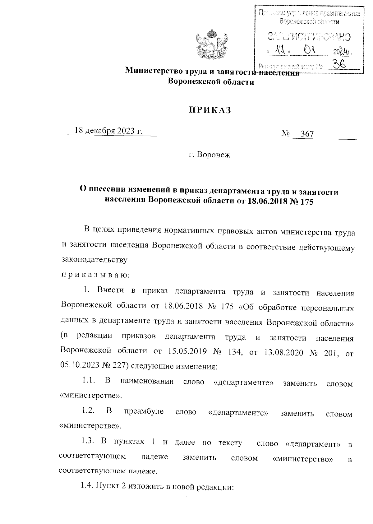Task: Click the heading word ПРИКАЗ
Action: click(211, 110)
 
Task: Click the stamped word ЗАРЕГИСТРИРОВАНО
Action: click(309, 37)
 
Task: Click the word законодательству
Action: click(94, 260)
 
